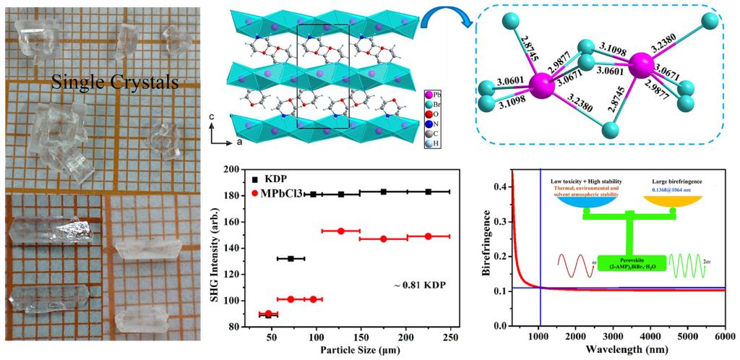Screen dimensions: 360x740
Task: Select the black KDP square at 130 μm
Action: [x=341, y=194]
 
